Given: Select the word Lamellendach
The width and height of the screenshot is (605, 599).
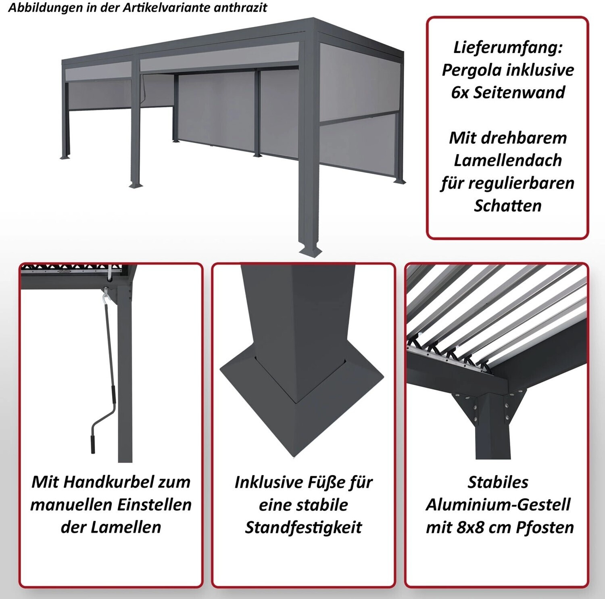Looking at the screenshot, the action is click(508, 160).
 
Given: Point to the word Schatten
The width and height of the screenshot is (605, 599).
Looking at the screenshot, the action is click(508, 205).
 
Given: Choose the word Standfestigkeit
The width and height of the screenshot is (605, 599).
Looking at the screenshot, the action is click(303, 528).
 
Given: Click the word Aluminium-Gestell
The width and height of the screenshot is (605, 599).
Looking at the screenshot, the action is click(498, 505).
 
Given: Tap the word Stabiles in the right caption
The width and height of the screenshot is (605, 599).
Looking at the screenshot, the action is click(498, 482).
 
